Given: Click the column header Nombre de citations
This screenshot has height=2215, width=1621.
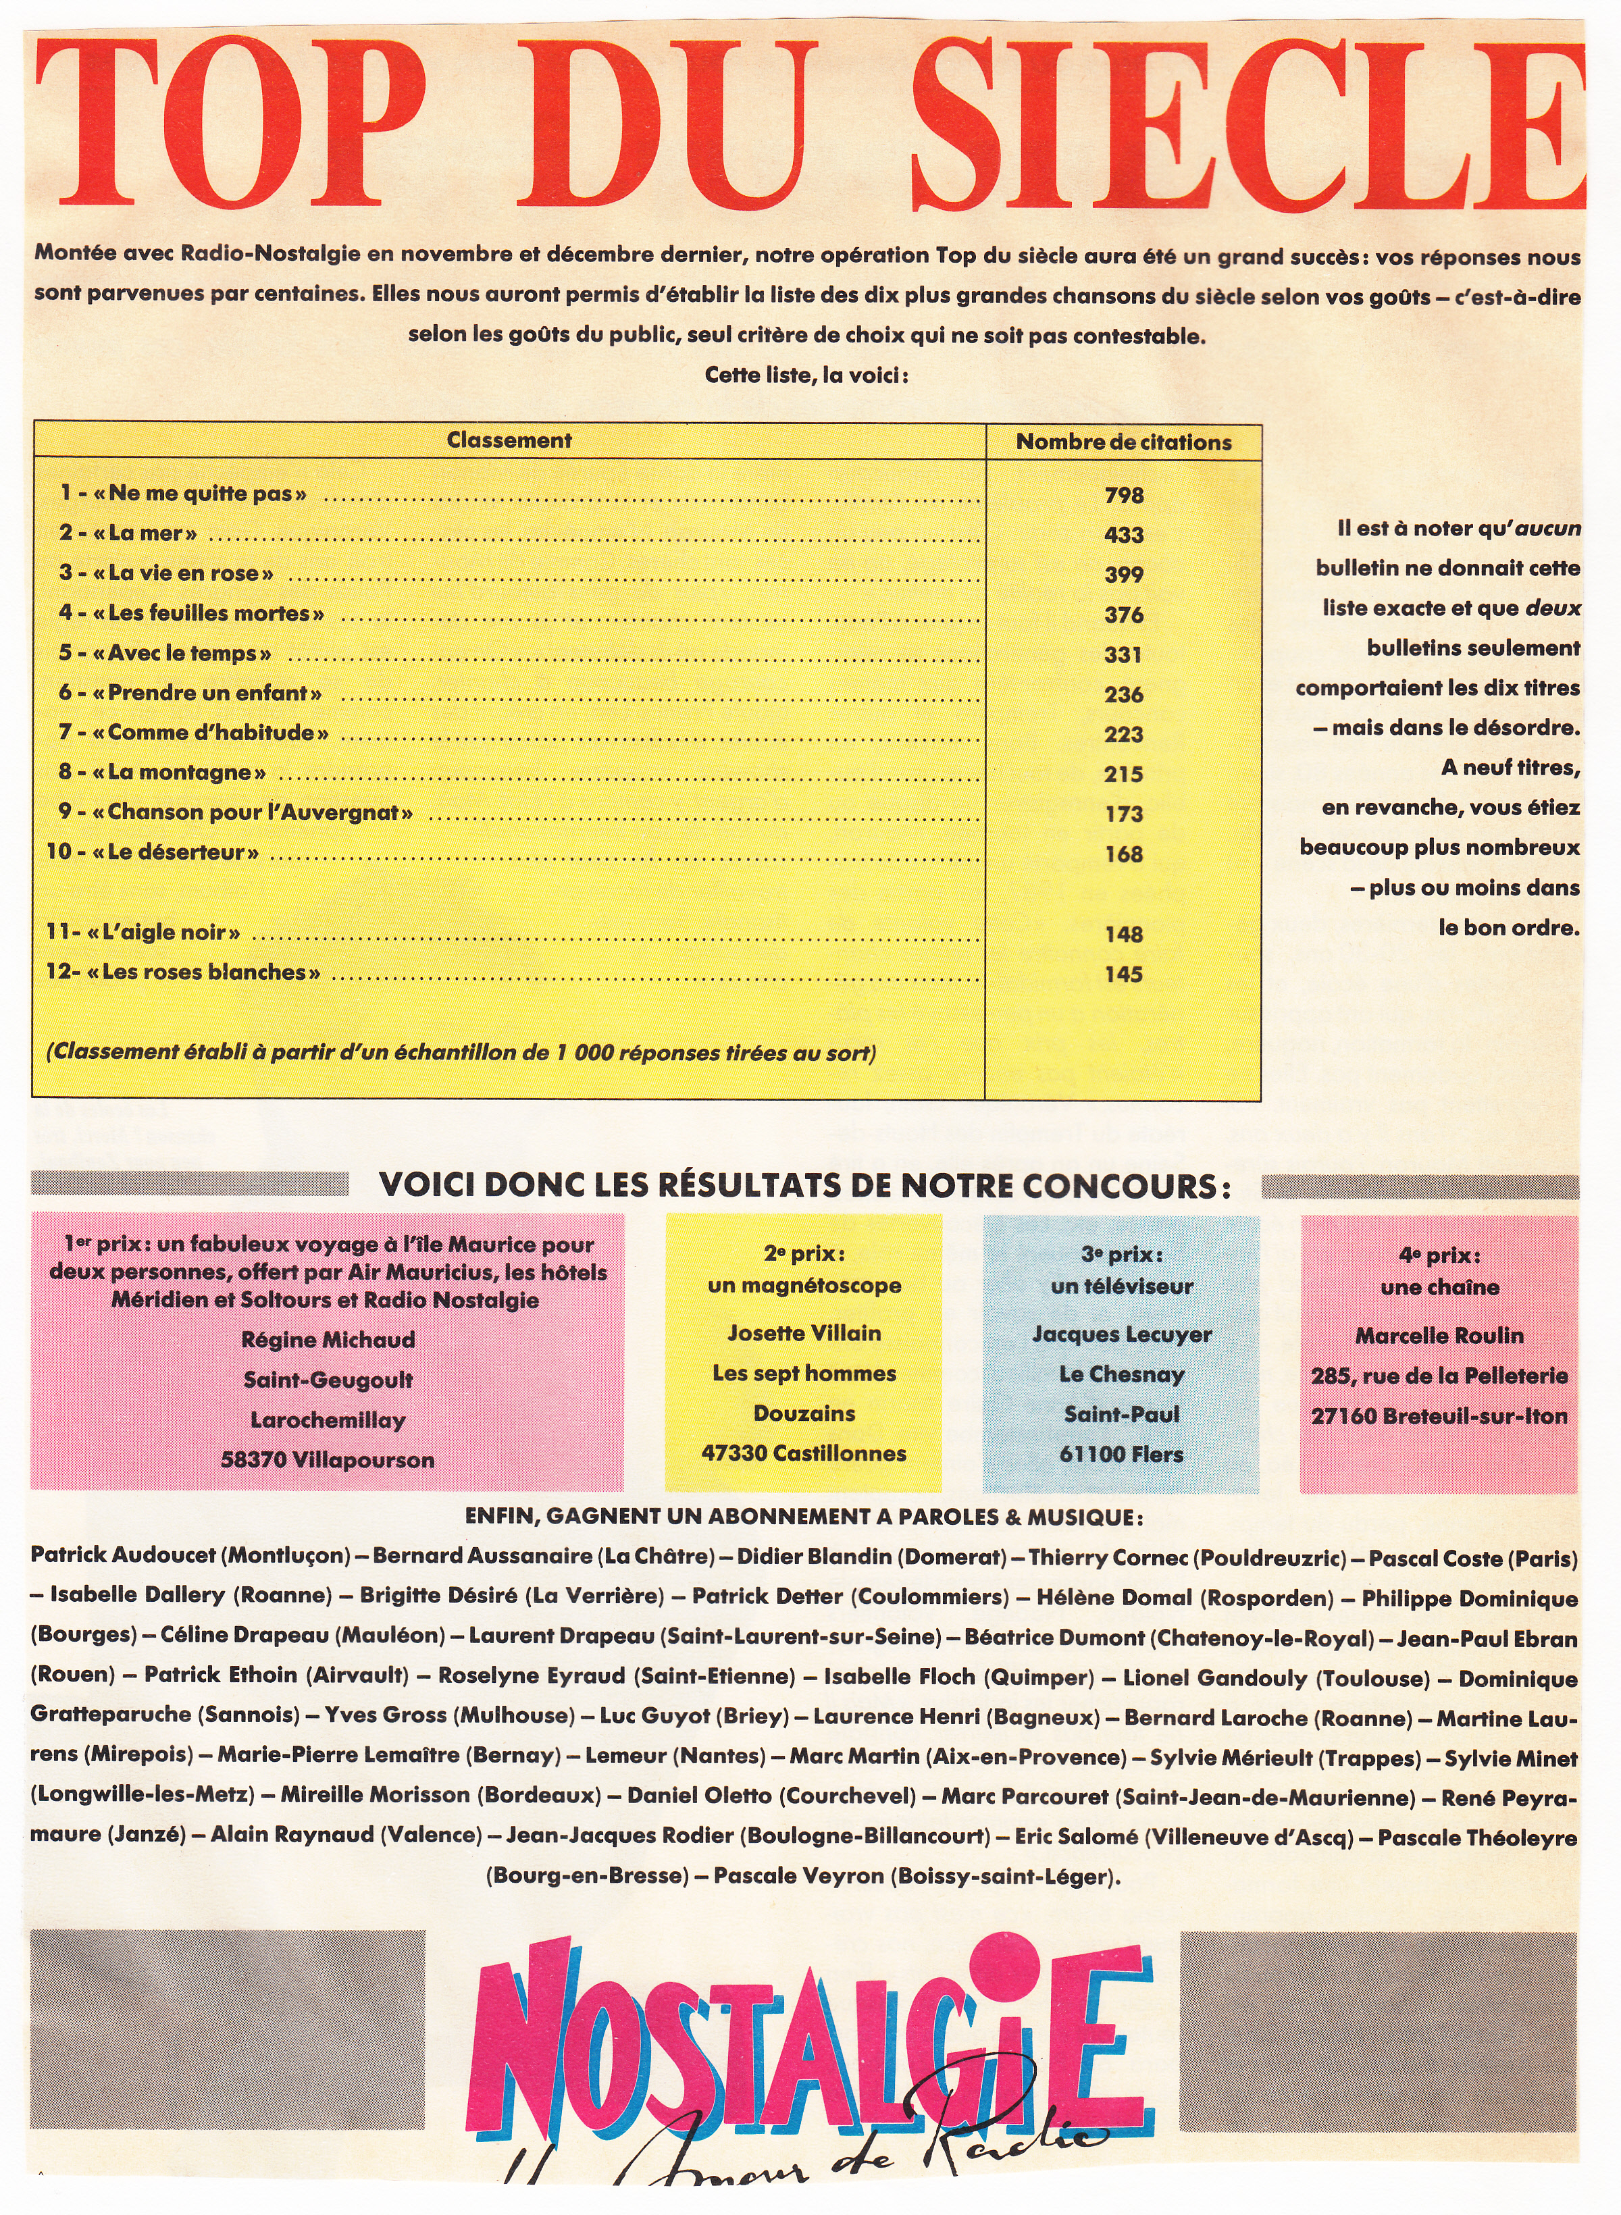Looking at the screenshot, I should [1123, 442].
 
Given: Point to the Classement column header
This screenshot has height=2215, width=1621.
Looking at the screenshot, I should [509, 440].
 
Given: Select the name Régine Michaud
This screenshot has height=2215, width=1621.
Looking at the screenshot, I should [328, 1340].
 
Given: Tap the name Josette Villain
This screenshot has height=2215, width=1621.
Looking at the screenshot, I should [804, 1333].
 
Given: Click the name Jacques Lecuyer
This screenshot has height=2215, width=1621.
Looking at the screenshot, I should [1122, 1334].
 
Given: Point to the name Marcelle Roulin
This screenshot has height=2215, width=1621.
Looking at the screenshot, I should [1439, 1336].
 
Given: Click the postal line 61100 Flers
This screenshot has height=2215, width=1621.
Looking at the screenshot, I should [1122, 1454].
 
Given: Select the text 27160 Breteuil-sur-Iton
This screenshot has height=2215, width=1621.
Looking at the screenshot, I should [1439, 1417].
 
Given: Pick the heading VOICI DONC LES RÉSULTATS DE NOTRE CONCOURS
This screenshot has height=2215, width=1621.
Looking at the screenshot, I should [804, 1186].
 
